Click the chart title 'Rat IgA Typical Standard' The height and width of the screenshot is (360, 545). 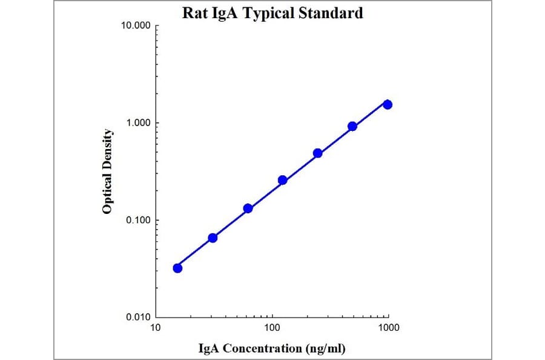pyautogui.click(x=272, y=13)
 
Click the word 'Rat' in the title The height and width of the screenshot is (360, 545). pyautogui.click(x=194, y=13)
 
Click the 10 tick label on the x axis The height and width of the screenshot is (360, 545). pyautogui.click(x=156, y=328)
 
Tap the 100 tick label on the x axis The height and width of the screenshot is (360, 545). pyautogui.click(x=272, y=328)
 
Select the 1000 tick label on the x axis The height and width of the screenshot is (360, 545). pyautogui.click(x=388, y=328)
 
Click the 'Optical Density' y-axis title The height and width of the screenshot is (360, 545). pyautogui.click(x=107, y=172)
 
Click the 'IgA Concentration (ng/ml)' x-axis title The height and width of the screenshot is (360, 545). pyautogui.click(x=272, y=348)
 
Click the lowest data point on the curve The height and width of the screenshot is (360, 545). pyautogui.click(x=177, y=268)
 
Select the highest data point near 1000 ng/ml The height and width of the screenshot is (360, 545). pyautogui.click(x=388, y=104)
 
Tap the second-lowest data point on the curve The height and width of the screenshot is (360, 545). pyautogui.click(x=213, y=238)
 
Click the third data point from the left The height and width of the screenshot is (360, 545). pyautogui.click(x=248, y=208)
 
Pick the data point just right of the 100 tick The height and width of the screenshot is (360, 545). pyautogui.click(x=282, y=180)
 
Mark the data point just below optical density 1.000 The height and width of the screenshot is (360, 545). pyautogui.click(x=352, y=126)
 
